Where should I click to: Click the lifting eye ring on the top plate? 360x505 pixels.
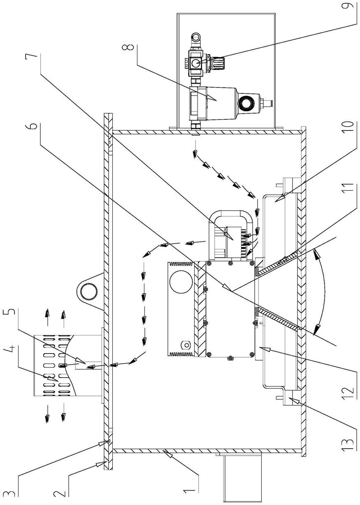87,291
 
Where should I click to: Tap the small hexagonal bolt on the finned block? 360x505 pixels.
186,344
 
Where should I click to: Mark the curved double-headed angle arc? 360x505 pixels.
325,291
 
